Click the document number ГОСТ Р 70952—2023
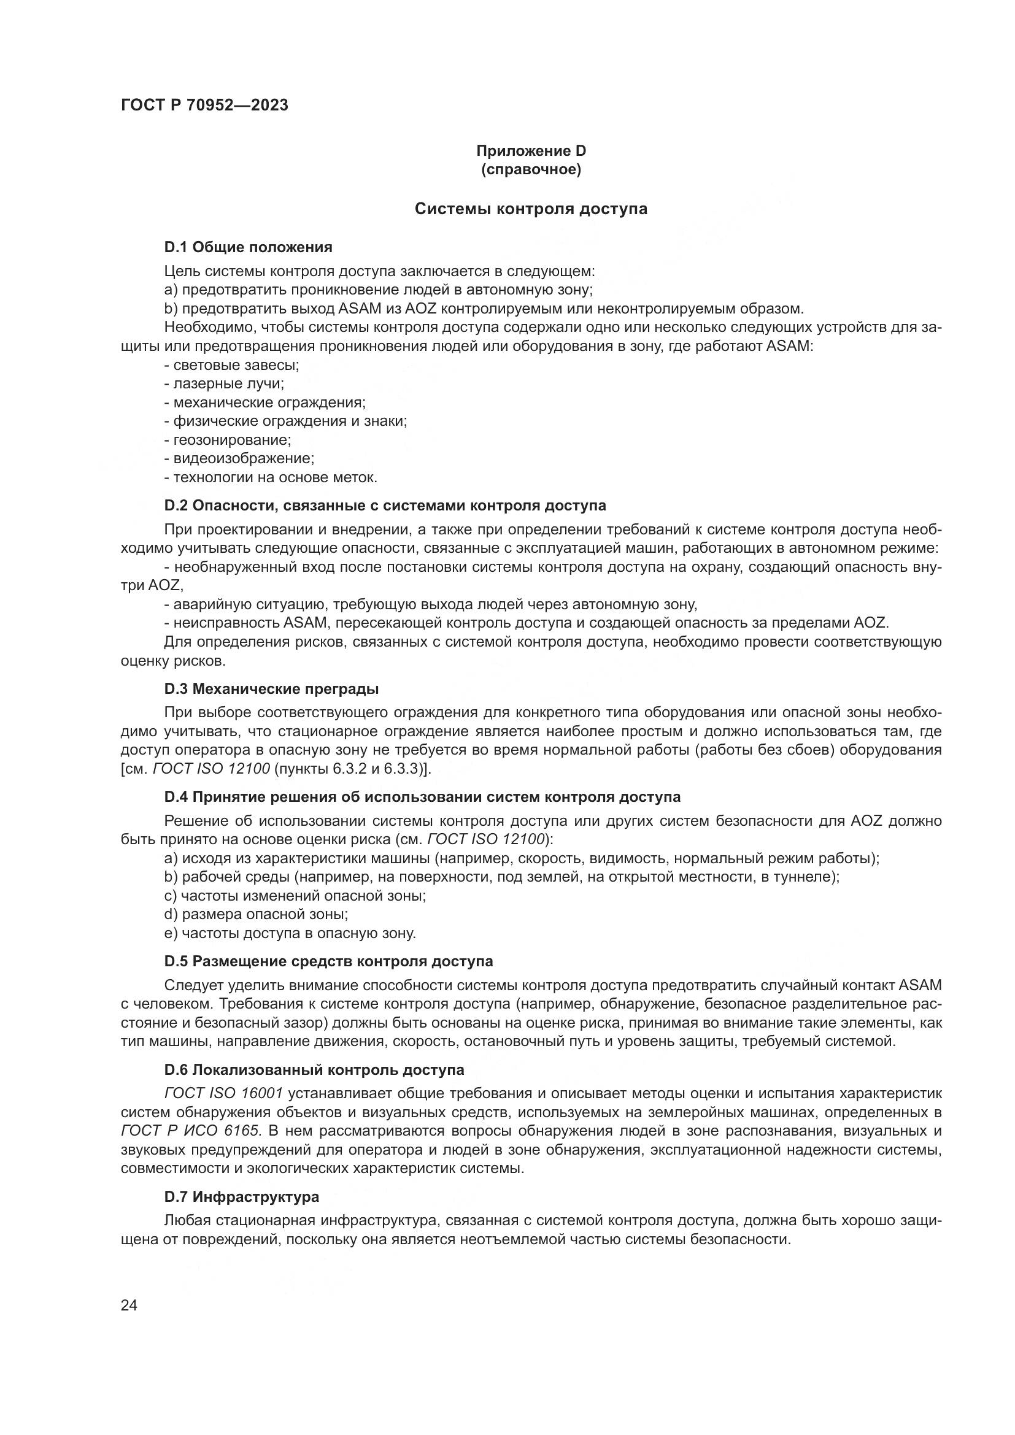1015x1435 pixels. point(204,105)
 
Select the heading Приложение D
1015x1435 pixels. point(531,151)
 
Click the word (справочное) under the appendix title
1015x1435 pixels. point(531,169)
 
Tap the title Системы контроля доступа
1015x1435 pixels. point(531,209)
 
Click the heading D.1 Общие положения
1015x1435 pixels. point(248,247)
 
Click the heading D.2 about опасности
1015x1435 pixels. point(385,505)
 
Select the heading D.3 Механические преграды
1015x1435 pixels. point(271,690)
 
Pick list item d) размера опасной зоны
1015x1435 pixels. point(257,914)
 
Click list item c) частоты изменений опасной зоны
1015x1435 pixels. point(295,896)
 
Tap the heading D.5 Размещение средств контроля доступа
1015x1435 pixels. point(328,961)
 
